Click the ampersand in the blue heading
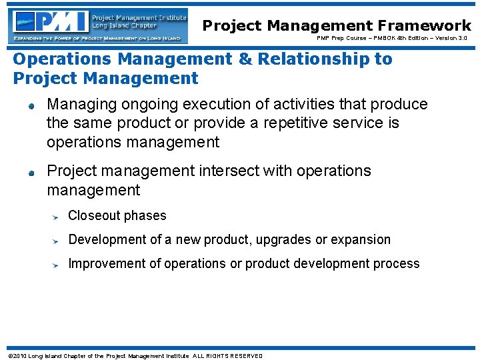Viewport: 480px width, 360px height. [245, 59]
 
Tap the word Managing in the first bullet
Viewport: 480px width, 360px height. [77, 105]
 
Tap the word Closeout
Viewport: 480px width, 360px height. [94, 216]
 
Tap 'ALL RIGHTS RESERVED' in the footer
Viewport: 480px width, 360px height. [227, 355]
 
